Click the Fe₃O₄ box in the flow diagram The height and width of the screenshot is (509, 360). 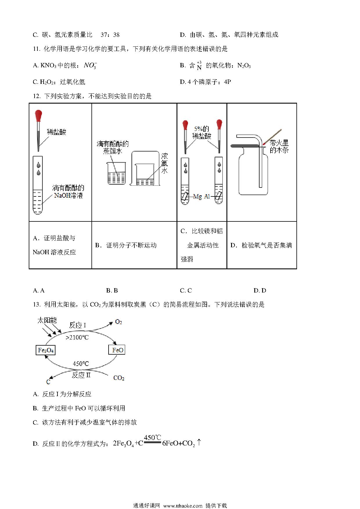pos(46,350)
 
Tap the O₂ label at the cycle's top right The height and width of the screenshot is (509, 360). pos(118,322)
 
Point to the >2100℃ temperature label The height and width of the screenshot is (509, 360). pos(77,337)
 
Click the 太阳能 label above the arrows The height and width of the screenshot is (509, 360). pos(47,320)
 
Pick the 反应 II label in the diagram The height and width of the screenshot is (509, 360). pos(81,375)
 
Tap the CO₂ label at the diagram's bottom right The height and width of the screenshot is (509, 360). pos(119,378)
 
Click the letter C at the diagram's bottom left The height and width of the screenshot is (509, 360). pos(48,382)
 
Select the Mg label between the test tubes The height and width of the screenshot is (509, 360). pos(197,196)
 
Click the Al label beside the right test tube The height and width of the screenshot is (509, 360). pos(207,196)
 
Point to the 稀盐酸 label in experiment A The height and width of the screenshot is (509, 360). pos(57,132)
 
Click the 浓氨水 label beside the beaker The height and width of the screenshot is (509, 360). pos(164,163)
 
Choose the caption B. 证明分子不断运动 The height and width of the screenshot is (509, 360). pos(126,245)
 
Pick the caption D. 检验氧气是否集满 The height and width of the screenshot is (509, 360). pos(261,245)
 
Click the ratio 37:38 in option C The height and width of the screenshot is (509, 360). pos(110,35)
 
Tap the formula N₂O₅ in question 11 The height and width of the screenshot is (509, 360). pos(244,66)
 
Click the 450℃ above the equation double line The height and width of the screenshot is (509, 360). pos(152,438)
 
